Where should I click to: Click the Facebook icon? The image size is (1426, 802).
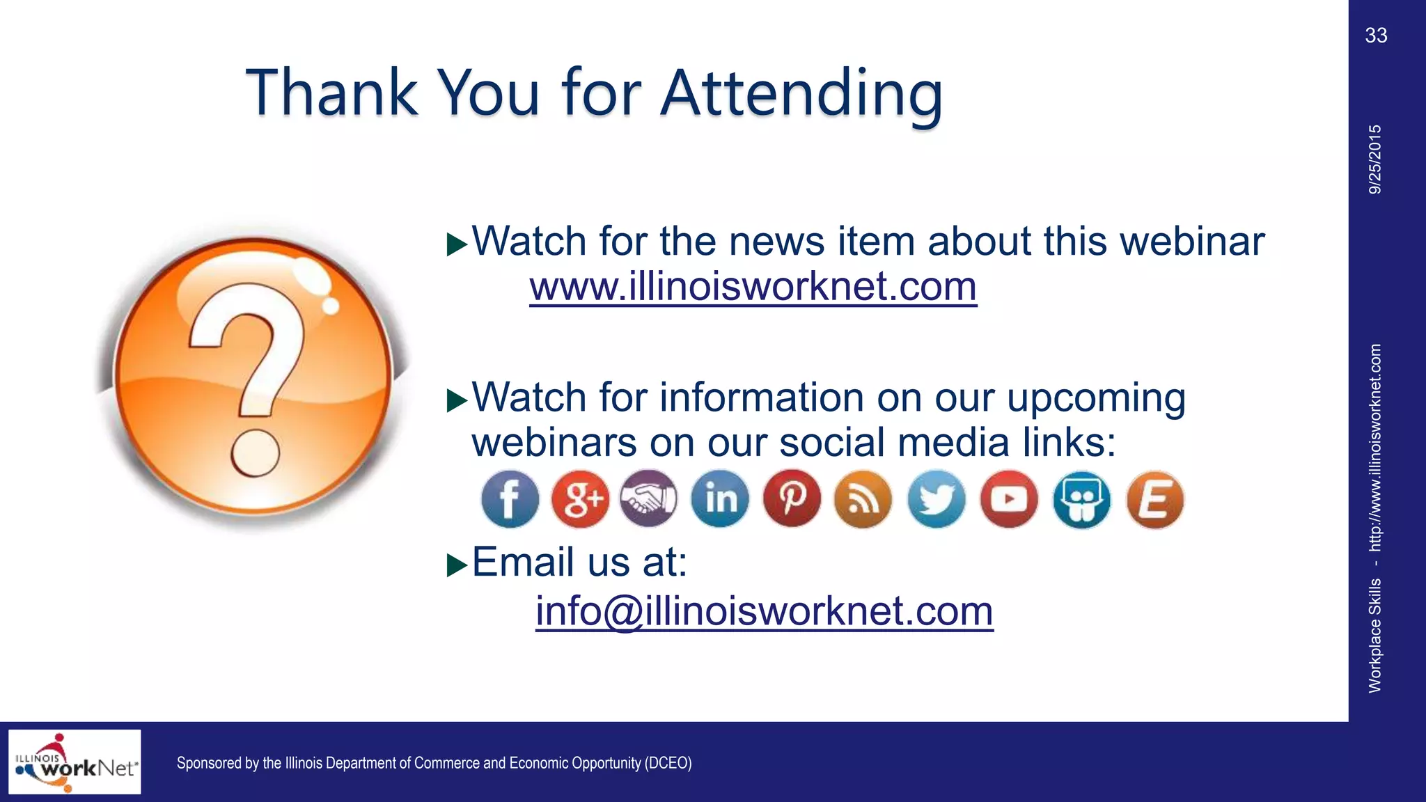[x=510, y=499]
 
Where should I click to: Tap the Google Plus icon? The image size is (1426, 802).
[x=580, y=499]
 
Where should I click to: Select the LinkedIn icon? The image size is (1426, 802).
[x=720, y=499]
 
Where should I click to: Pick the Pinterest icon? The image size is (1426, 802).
[x=792, y=499]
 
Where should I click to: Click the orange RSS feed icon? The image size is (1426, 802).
[x=863, y=499]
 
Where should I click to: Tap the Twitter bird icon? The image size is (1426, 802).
[x=937, y=499]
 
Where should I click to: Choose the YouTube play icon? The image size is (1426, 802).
[x=1009, y=499]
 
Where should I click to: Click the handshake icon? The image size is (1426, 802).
[x=649, y=499]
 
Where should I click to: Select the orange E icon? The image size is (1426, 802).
[x=1154, y=499]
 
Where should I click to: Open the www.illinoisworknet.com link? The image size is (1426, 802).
[x=753, y=286]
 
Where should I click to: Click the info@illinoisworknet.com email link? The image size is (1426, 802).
[x=764, y=611]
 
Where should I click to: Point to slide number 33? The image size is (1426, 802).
[x=1376, y=36]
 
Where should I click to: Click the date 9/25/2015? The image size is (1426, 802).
[x=1375, y=159]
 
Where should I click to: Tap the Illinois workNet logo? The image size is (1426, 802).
[x=75, y=762]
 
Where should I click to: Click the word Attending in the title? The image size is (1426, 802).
[x=801, y=93]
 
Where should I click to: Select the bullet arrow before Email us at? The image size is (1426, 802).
[x=457, y=565]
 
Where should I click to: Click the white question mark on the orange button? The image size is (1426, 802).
[x=251, y=376]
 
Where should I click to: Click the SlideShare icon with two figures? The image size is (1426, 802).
[x=1081, y=499]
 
